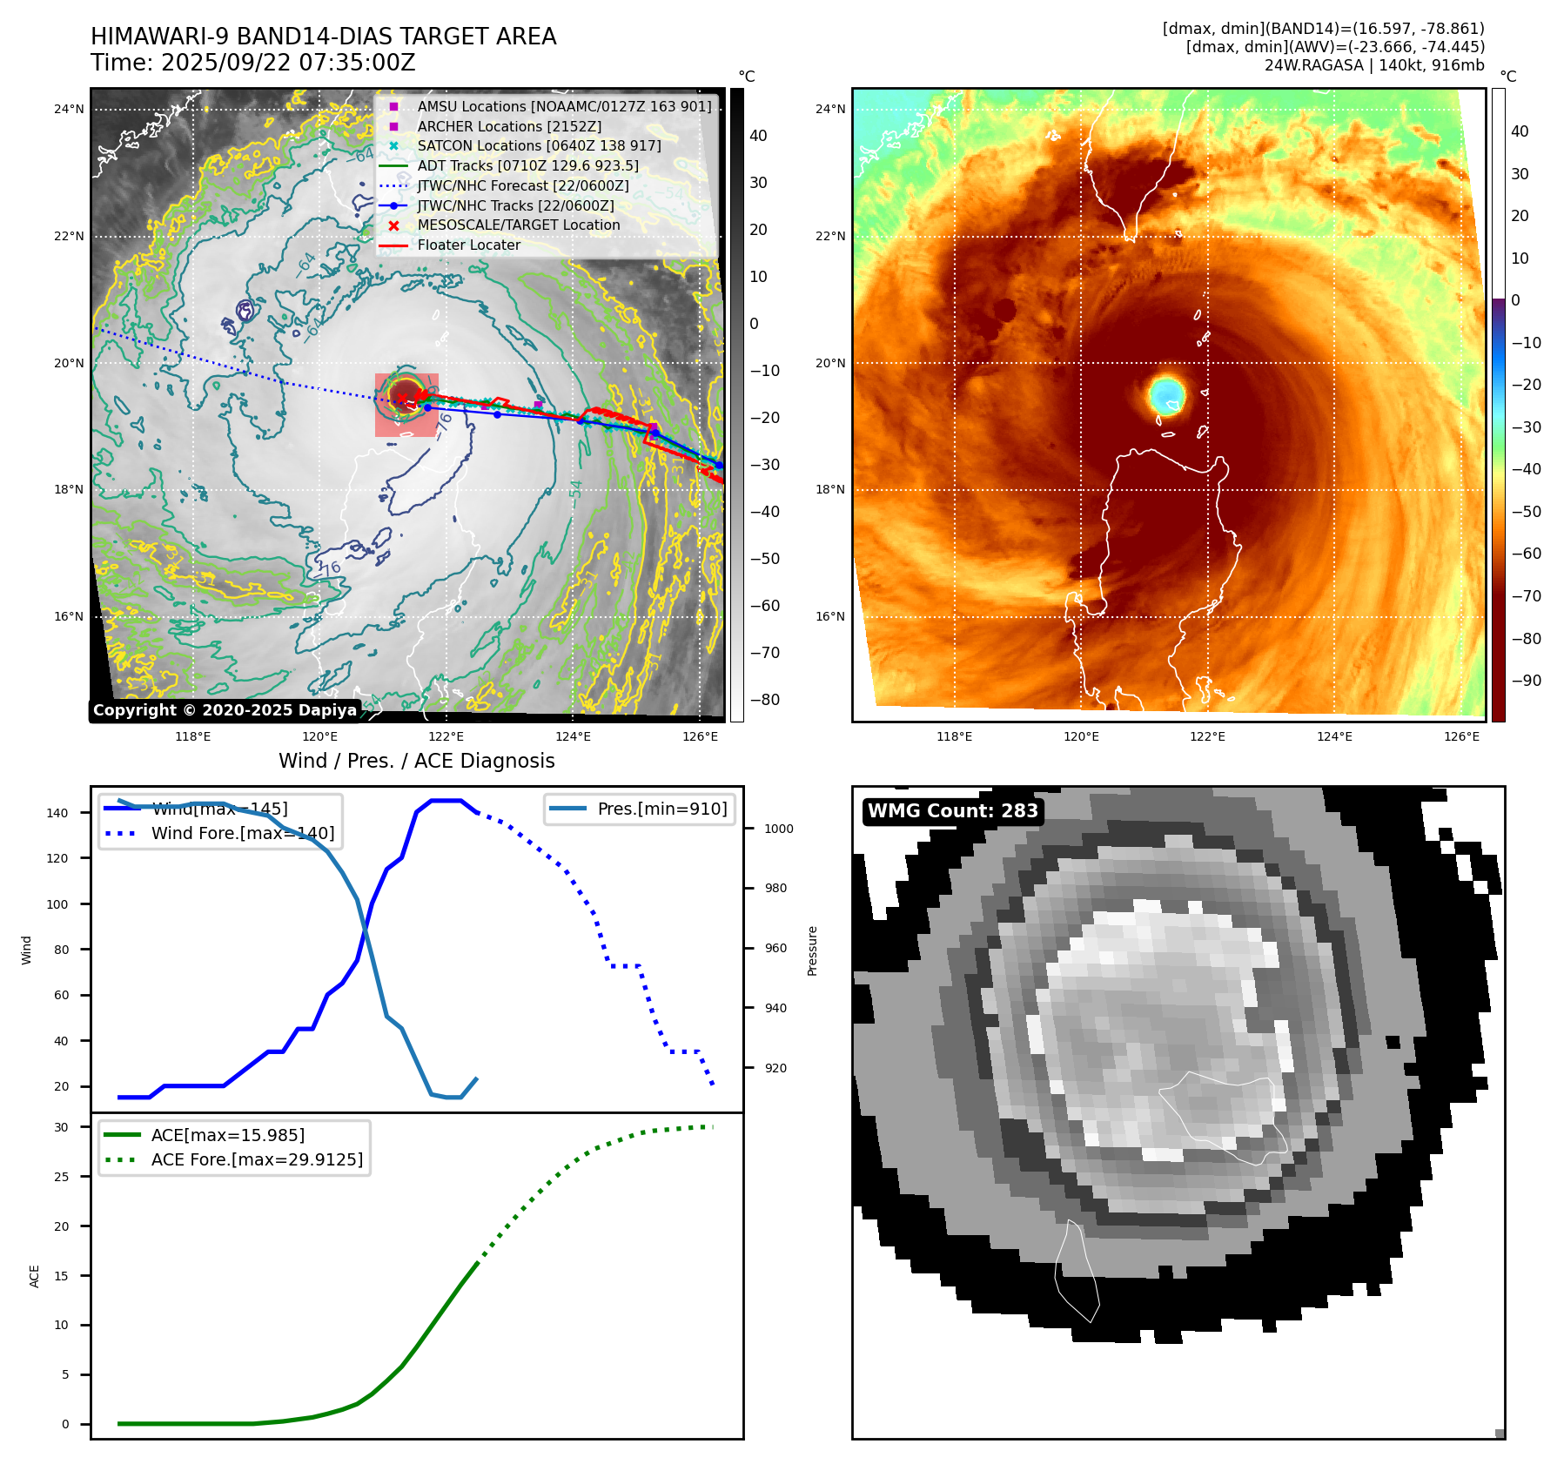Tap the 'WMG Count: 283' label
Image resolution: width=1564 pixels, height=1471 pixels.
[x=952, y=811]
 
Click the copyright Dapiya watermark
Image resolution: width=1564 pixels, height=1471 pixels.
[x=225, y=710]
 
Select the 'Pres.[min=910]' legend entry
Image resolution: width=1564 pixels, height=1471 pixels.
[x=661, y=809]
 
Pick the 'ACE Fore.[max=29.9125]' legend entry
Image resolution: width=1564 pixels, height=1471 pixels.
[x=256, y=1159]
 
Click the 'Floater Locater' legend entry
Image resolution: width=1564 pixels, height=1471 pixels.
[x=468, y=245]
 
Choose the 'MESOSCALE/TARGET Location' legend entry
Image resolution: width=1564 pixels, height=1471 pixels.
[x=518, y=225]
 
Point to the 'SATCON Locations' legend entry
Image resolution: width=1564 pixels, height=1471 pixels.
[x=538, y=145]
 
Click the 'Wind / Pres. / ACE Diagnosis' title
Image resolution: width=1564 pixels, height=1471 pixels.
[x=416, y=761]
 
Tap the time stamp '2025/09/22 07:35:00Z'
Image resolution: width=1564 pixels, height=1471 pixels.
[x=288, y=63]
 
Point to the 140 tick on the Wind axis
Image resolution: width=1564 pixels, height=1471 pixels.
[x=57, y=813]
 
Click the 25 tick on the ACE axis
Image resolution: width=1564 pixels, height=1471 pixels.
[x=61, y=1177]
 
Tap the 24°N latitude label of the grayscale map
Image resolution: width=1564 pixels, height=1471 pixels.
[x=69, y=109]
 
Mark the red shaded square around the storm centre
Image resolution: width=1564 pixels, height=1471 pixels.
[x=406, y=405]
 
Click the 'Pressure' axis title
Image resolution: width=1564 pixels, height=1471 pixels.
[x=812, y=950]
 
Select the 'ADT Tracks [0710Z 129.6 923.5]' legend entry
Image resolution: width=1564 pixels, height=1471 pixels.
[x=527, y=165]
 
